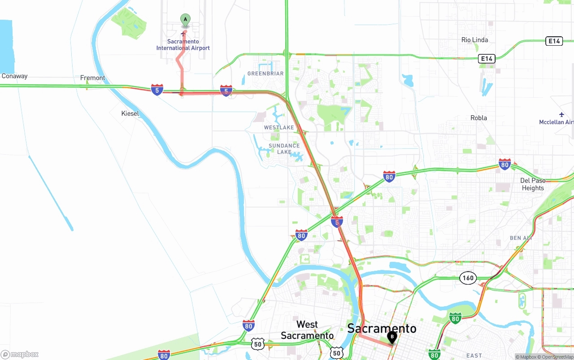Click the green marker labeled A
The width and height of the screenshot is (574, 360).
tap(185, 19)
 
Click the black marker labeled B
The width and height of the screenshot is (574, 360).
tap(392, 337)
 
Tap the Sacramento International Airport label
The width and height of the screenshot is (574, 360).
tap(183, 45)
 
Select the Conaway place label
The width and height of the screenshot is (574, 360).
tap(14, 76)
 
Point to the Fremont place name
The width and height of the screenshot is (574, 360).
tap(92, 78)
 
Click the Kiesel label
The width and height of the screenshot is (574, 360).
tap(130, 114)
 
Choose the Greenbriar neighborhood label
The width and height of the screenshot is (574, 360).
tap(265, 74)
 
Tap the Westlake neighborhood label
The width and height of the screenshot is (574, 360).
tap(279, 128)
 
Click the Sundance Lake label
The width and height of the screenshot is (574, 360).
tap(284, 149)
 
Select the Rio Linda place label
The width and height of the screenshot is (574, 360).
tap(474, 40)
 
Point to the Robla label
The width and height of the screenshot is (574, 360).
tap(478, 118)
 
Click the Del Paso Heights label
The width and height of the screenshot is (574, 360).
tap(533, 184)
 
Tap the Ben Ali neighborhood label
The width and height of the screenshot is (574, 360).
tap(521, 238)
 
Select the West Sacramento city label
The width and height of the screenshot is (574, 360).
tap(307, 330)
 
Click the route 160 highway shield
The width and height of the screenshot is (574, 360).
tap(468, 278)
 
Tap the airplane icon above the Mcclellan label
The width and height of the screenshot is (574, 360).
tap(561, 115)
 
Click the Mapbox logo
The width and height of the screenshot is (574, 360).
tap(20, 354)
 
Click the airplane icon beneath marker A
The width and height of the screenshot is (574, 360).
tap(183, 34)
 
